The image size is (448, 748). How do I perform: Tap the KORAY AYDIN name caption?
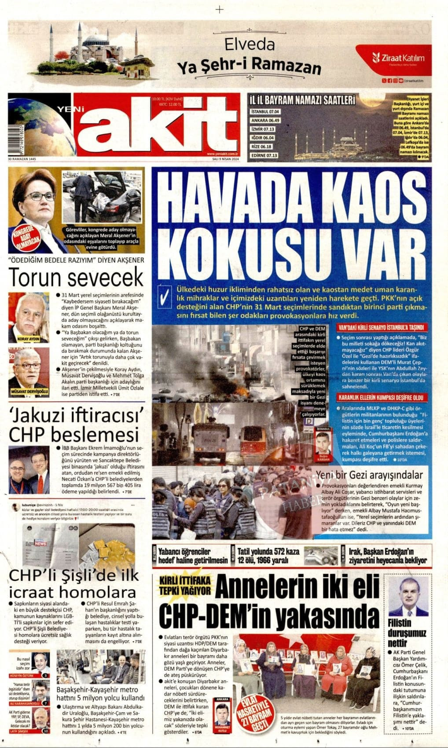click(x=29, y=339)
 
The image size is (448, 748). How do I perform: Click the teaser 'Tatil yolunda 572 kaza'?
click(x=268, y=555)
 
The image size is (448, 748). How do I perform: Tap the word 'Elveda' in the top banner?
click(x=250, y=45)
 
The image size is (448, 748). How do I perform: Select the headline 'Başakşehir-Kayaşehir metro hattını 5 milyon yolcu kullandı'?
click(x=101, y=694)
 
